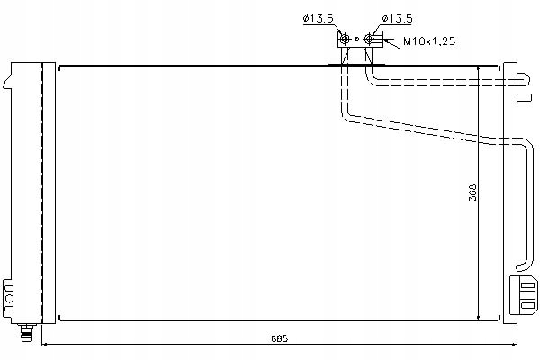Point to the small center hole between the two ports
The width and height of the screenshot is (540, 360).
pyautogui.click(x=358, y=39)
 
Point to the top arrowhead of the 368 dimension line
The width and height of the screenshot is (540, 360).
pyautogui.click(x=477, y=69)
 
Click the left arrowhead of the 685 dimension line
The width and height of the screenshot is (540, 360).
pyautogui.click(x=46, y=346)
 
